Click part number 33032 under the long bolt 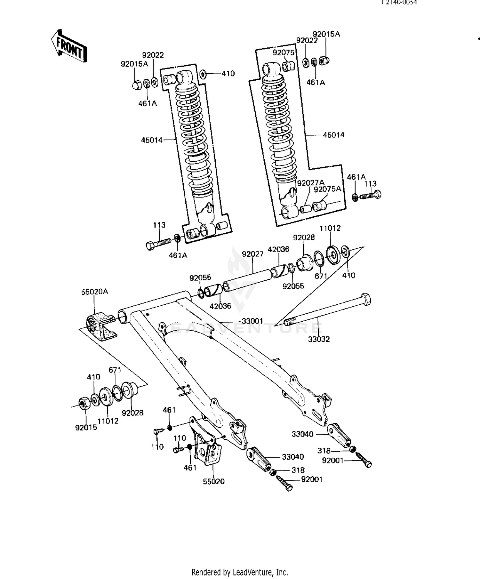(319, 339)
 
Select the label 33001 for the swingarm (252, 321)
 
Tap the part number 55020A (94, 292)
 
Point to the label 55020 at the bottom (214, 481)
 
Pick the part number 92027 (252, 254)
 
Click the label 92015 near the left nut (86, 427)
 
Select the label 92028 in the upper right (304, 237)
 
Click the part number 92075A (327, 189)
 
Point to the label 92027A (310, 183)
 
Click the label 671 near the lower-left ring (115, 370)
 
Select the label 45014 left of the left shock (152, 140)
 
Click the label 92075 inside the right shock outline (283, 52)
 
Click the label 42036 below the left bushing (220, 306)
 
